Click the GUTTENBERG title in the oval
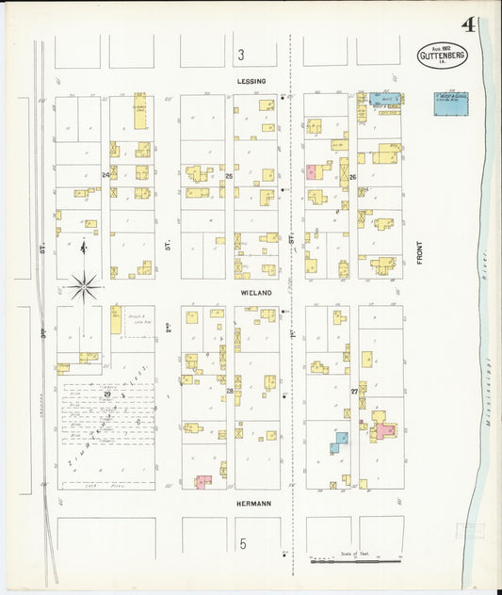(441, 56)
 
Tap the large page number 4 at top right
(468, 24)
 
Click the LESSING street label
(251, 81)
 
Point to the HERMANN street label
(253, 504)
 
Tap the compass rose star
(85, 283)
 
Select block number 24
(106, 175)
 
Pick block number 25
(229, 176)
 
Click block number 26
(352, 177)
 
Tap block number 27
(354, 391)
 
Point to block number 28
(230, 390)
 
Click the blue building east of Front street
(450, 104)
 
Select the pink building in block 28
(202, 482)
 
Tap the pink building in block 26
(311, 172)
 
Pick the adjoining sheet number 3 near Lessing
(241, 56)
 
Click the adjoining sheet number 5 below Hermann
(242, 544)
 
